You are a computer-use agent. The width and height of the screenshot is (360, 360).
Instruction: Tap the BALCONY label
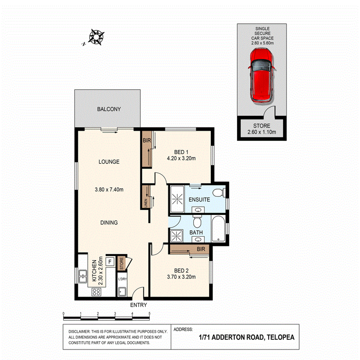109,109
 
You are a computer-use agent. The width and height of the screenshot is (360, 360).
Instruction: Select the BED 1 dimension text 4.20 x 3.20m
181,158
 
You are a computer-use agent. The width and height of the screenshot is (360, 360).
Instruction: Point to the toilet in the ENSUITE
219,192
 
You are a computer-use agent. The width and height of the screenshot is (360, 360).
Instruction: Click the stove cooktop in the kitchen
97,292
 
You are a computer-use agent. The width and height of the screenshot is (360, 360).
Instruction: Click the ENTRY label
138,305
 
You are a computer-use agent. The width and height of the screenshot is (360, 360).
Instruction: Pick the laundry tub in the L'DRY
122,292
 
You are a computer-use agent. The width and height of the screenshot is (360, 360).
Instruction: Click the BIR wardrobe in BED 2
189,250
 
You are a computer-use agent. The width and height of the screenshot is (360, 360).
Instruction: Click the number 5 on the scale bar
149,314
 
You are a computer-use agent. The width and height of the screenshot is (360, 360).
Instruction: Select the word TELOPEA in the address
280,337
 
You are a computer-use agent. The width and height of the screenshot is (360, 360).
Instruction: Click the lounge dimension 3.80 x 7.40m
109,190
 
